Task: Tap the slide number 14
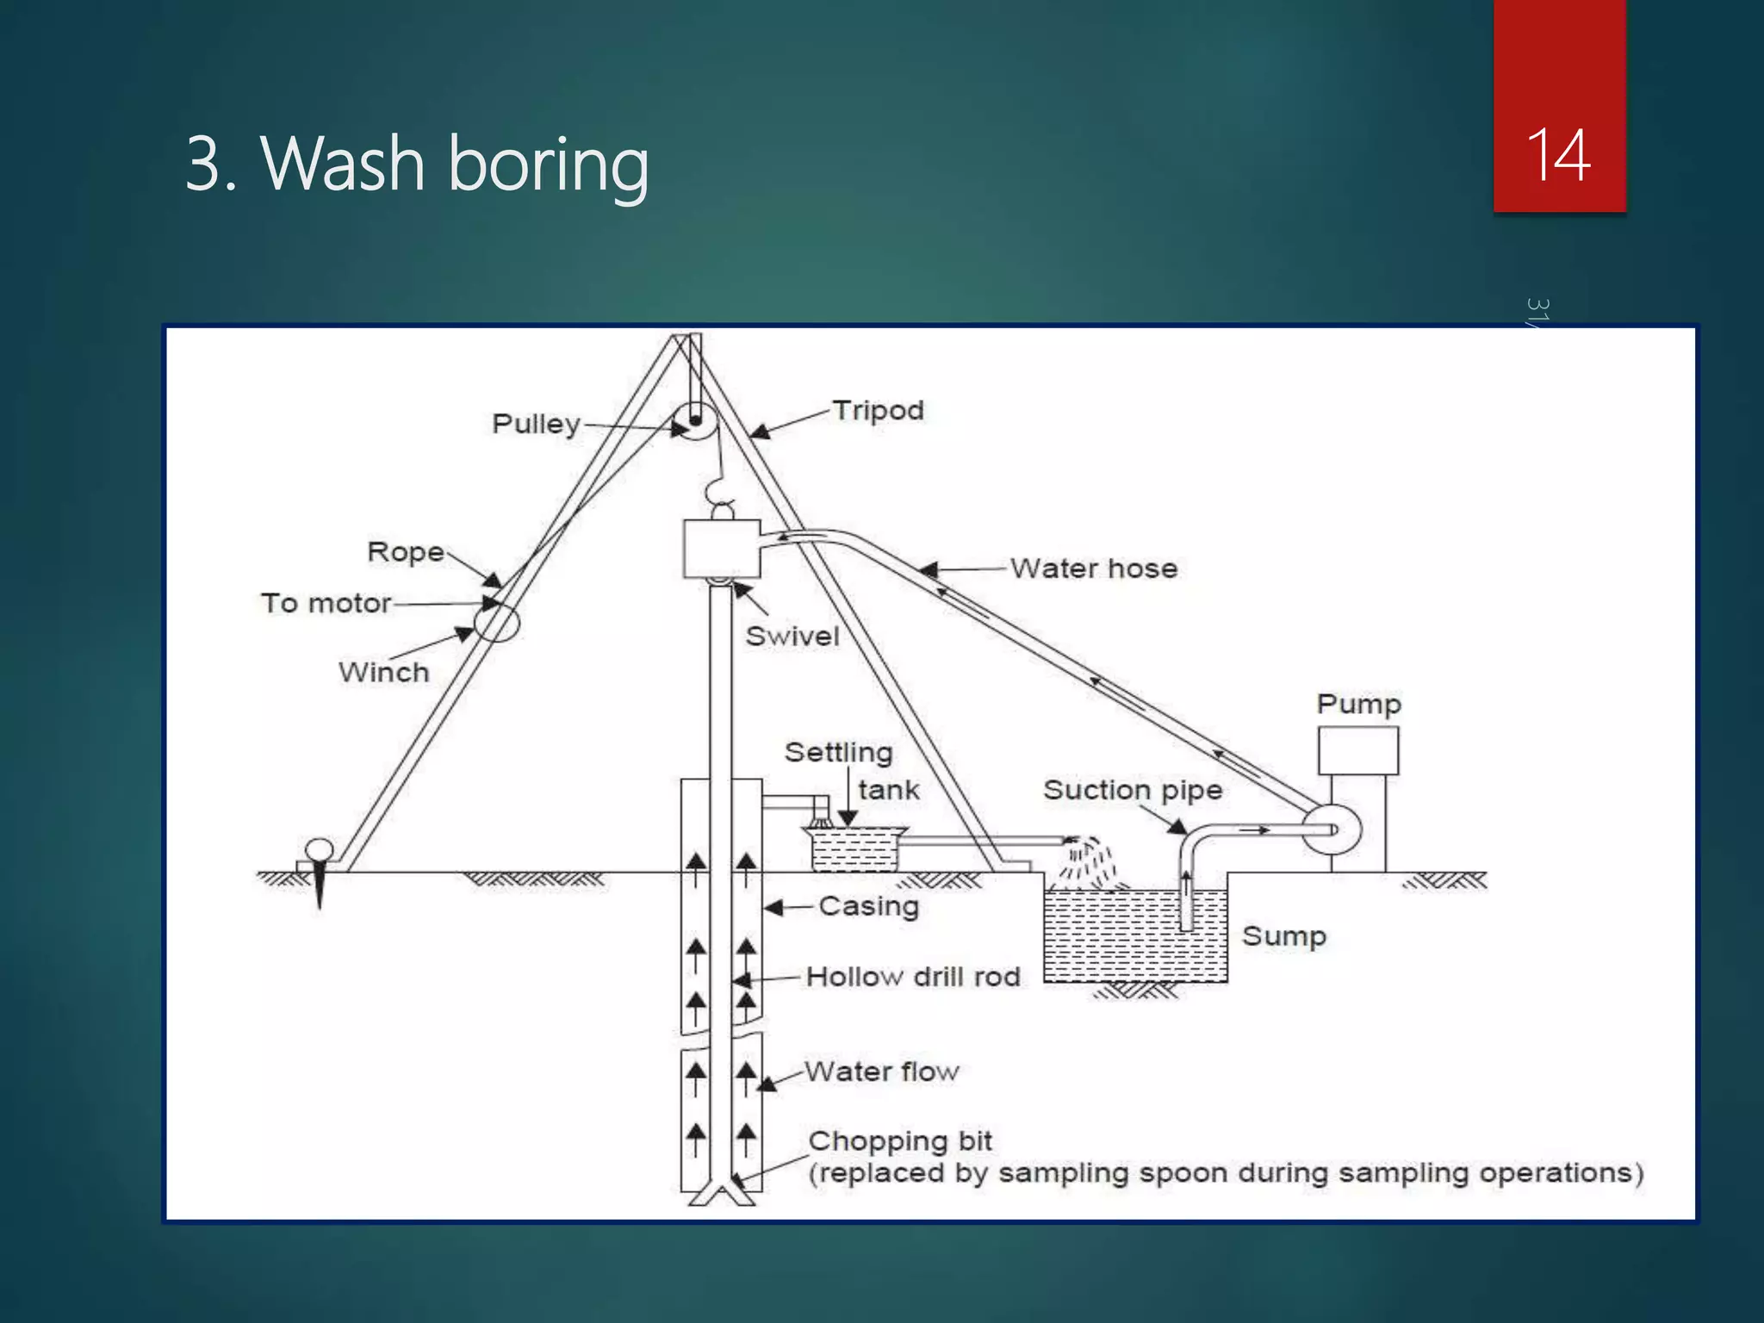[x=1558, y=156]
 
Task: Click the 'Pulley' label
[x=536, y=424]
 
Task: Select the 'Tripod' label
[x=878, y=411]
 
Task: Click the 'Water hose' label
[x=1093, y=568]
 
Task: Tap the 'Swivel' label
[x=792, y=637]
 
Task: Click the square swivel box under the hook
[x=722, y=549]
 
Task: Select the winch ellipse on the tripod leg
[x=497, y=622]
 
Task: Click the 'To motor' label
[x=326, y=603]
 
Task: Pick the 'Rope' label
[x=406, y=552]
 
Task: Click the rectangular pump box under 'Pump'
[x=1357, y=751]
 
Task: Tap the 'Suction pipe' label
[x=1133, y=790]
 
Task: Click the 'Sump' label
[x=1283, y=936]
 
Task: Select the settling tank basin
[x=854, y=849]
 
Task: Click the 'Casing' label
[x=868, y=906]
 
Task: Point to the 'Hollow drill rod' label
[x=913, y=977]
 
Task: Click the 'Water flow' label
[x=882, y=1071]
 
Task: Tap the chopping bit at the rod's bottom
[x=722, y=1195]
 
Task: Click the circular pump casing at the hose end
[x=1331, y=829]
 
